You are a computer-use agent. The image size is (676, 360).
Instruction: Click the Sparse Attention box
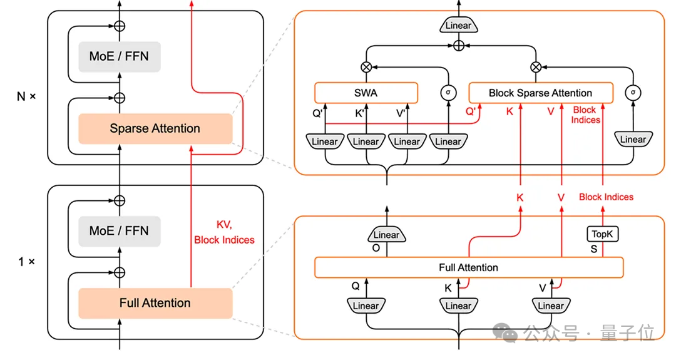point(155,129)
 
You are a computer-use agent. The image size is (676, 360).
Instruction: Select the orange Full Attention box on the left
point(155,303)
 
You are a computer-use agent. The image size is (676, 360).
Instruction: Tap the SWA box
point(366,93)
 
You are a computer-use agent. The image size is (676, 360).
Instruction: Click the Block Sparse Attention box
point(540,93)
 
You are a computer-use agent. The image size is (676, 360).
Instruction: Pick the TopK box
point(603,234)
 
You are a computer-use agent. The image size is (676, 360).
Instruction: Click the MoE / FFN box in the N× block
point(119,56)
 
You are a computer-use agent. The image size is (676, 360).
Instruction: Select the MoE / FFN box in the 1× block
point(119,230)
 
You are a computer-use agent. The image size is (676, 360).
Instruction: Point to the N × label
point(26,97)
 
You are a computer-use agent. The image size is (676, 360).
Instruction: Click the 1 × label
point(26,261)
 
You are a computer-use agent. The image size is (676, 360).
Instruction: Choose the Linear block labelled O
point(386,235)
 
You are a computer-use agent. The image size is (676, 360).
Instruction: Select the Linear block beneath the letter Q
point(366,306)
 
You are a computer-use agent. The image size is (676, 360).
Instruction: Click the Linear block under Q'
point(325,141)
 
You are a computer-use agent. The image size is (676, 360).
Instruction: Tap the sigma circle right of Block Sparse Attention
point(633,93)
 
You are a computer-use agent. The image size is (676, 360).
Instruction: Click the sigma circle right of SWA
point(448,93)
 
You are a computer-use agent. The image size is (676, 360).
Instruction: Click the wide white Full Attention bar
point(468,267)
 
